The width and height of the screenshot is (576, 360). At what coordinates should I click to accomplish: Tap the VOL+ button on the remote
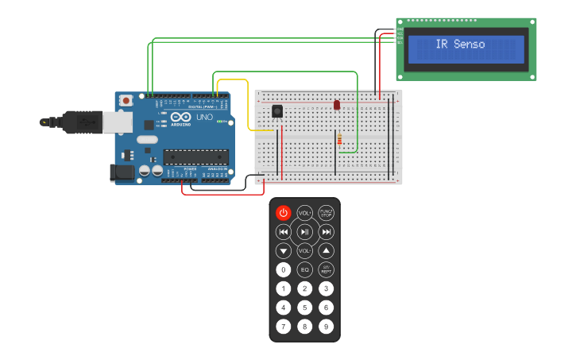(x=305, y=213)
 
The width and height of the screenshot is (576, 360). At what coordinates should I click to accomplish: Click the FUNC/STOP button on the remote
(x=326, y=213)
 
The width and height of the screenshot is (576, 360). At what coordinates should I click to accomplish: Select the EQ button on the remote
(x=305, y=269)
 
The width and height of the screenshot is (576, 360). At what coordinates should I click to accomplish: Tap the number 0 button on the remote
(x=284, y=269)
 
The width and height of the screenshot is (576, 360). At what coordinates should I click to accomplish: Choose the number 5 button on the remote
(x=305, y=308)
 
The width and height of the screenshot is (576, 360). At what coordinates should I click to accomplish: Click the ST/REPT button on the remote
(x=326, y=269)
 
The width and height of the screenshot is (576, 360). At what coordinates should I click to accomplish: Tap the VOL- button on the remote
(x=305, y=250)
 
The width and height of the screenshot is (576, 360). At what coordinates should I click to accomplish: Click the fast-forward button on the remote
(x=326, y=232)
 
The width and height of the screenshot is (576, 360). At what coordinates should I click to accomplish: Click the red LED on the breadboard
(x=337, y=105)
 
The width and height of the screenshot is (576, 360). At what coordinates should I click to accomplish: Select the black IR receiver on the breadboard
(x=277, y=111)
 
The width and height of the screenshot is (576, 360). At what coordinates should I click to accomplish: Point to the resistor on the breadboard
(x=341, y=141)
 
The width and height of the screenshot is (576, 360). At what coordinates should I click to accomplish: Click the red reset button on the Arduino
(x=126, y=101)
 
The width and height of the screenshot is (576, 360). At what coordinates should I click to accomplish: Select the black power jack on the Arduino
(x=122, y=172)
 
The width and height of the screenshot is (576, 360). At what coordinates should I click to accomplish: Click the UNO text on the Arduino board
(x=204, y=118)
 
